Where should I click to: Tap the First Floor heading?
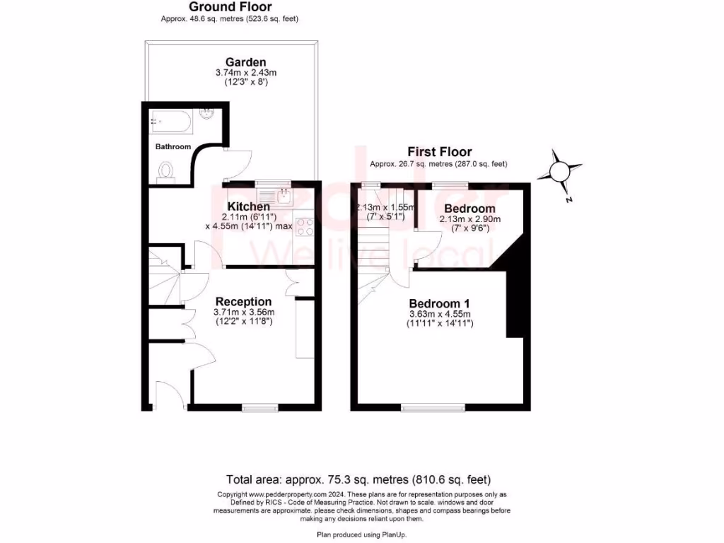point(439,152)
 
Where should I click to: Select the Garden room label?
point(245,62)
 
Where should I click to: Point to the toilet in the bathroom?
point(167,172)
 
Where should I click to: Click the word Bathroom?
point(173,146)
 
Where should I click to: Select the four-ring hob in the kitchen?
point(305,226)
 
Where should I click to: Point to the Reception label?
point(244,302)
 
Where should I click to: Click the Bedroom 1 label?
point(439,303)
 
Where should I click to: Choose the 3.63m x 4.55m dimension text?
point(439,314)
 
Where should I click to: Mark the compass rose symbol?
point(559,172)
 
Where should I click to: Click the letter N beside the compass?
point(568,200)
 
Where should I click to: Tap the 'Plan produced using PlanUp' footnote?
point(361,535)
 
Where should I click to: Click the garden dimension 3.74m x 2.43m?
point(245,72)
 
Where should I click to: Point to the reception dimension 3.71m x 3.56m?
point(244,313)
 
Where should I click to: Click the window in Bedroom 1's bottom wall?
point(433,408)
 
